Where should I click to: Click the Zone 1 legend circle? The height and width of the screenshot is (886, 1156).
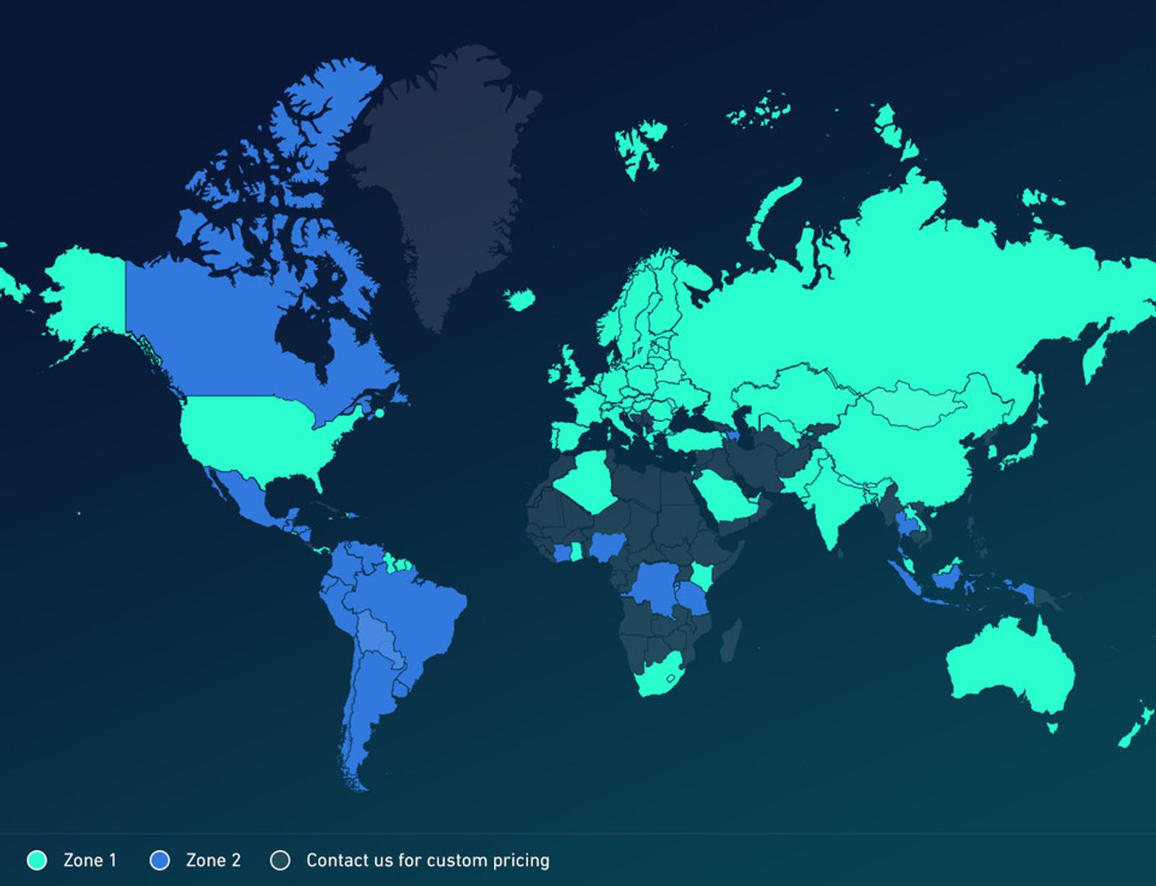point(37,860)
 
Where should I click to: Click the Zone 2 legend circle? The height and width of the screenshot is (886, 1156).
point(160,860)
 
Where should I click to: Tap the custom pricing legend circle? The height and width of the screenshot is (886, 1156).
point(280,860)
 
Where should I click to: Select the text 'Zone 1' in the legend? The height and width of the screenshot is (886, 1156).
point(90,860)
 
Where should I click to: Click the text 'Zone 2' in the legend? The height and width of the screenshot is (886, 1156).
point(213,860)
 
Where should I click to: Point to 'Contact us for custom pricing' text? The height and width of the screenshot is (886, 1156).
point(428,860)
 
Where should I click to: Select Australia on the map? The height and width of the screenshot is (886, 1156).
point(1011,672)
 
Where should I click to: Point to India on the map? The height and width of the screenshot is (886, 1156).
point(831,505)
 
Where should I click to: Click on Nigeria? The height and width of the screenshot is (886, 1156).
point(606,548)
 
